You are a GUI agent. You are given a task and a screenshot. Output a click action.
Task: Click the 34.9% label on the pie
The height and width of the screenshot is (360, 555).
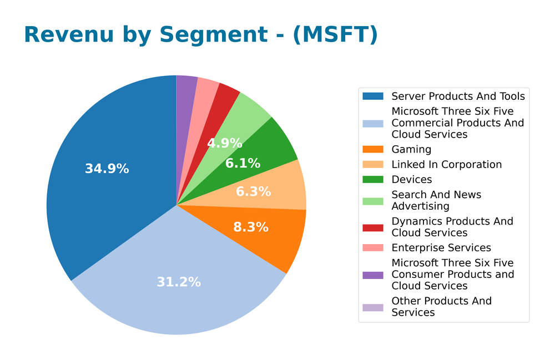107,169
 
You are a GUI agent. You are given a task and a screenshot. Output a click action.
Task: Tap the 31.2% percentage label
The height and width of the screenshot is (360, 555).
178,282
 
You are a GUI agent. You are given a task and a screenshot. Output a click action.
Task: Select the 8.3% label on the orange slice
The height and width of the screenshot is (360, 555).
250,227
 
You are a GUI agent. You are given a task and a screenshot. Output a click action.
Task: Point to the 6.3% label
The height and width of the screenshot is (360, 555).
253,192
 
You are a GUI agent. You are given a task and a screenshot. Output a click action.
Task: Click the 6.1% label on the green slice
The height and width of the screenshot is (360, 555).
243,164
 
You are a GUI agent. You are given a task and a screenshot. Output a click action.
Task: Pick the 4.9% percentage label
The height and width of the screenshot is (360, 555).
224,144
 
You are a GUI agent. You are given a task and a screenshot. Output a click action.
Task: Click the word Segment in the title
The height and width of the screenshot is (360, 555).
213,34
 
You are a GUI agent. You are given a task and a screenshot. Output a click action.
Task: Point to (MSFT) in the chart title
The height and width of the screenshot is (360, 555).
335,34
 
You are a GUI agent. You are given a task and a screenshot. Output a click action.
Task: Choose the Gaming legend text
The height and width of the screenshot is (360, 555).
411,149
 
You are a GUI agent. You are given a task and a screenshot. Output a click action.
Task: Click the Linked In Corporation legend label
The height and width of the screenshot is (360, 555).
446,165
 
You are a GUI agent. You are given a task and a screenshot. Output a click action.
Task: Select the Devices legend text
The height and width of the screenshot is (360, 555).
411,180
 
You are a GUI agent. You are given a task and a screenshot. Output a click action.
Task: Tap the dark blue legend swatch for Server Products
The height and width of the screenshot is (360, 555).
372,97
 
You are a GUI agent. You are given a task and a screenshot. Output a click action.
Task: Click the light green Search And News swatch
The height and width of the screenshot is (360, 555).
372,195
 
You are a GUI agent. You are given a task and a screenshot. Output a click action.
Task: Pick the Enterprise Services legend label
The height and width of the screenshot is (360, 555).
441,248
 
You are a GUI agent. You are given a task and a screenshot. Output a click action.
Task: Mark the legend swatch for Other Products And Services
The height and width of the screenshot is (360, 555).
372,307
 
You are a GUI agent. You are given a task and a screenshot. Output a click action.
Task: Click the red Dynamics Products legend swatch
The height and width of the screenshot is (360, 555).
372,227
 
